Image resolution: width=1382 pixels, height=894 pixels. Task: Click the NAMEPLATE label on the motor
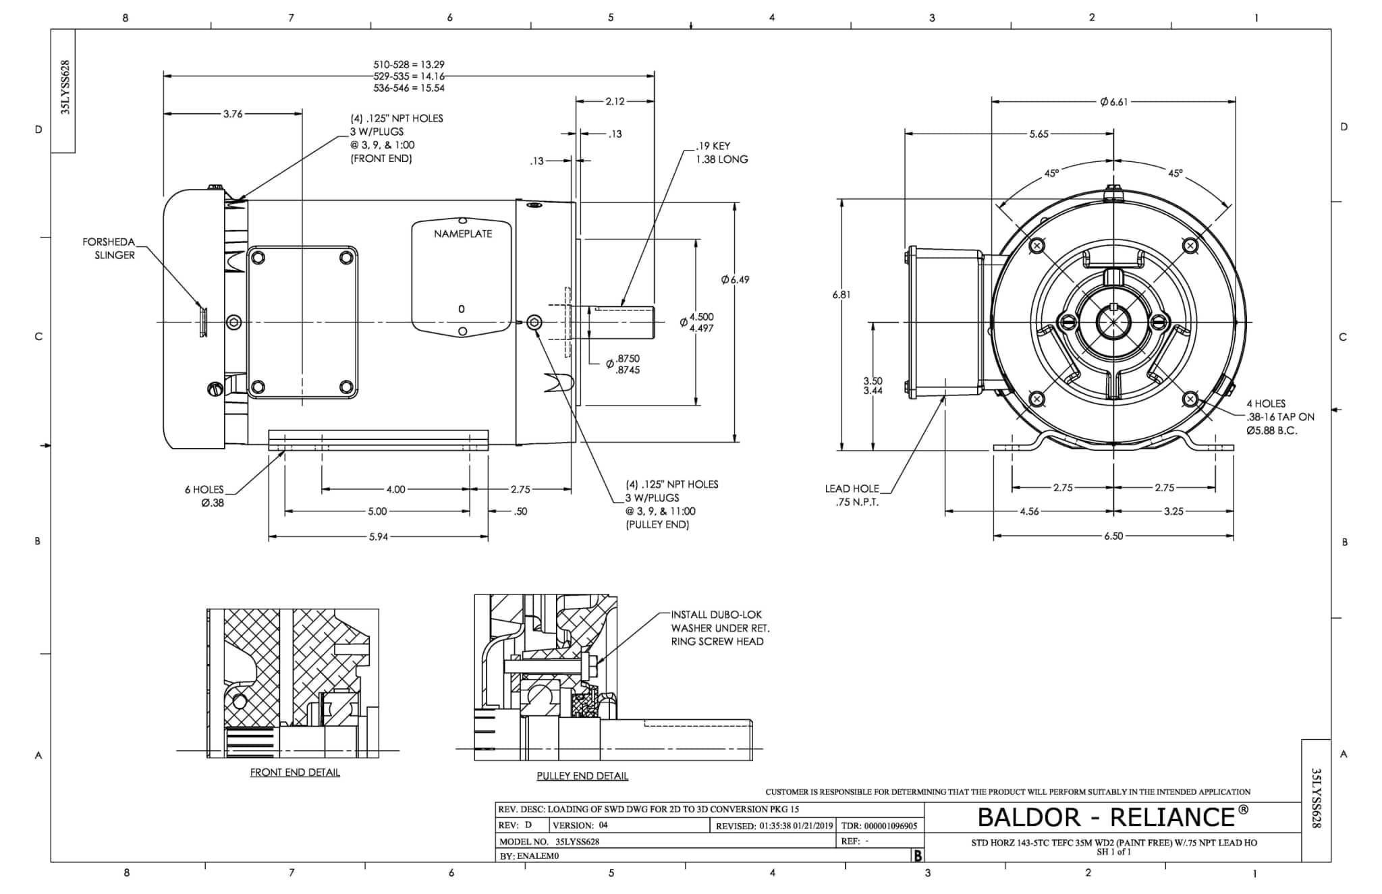(462, 234)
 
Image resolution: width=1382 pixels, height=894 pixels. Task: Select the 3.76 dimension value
(233, 114)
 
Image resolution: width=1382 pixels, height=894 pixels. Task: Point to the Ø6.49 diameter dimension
(734, 279)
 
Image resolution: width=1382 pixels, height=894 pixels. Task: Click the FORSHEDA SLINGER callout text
(109, 248)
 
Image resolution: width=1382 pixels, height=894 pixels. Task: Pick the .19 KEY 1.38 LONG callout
(721, 152)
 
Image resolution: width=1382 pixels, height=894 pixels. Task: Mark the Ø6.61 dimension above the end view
(1113, 102)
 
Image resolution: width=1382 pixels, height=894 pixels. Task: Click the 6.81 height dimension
(841, 295)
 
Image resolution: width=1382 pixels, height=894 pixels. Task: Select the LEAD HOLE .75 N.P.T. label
(852, 495)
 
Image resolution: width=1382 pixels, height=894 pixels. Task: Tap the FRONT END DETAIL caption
(295, 773)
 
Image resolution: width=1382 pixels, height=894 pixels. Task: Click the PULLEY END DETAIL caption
(582, 776)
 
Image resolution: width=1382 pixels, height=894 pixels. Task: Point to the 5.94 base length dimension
(378, 537)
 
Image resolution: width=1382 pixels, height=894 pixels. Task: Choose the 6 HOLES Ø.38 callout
(204, 496)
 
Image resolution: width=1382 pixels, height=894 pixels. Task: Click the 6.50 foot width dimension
(1113, 536)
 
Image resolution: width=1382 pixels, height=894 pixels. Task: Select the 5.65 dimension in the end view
(1039, 134)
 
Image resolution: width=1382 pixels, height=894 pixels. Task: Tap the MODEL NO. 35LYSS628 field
(549, 841)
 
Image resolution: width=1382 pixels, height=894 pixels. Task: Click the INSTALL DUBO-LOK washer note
(719, 628)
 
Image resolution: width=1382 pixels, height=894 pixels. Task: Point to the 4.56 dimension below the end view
(1028, 511)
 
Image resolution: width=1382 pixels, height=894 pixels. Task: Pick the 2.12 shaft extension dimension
(615, 101)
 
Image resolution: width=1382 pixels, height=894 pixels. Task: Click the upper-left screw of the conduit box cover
(257, 257)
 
